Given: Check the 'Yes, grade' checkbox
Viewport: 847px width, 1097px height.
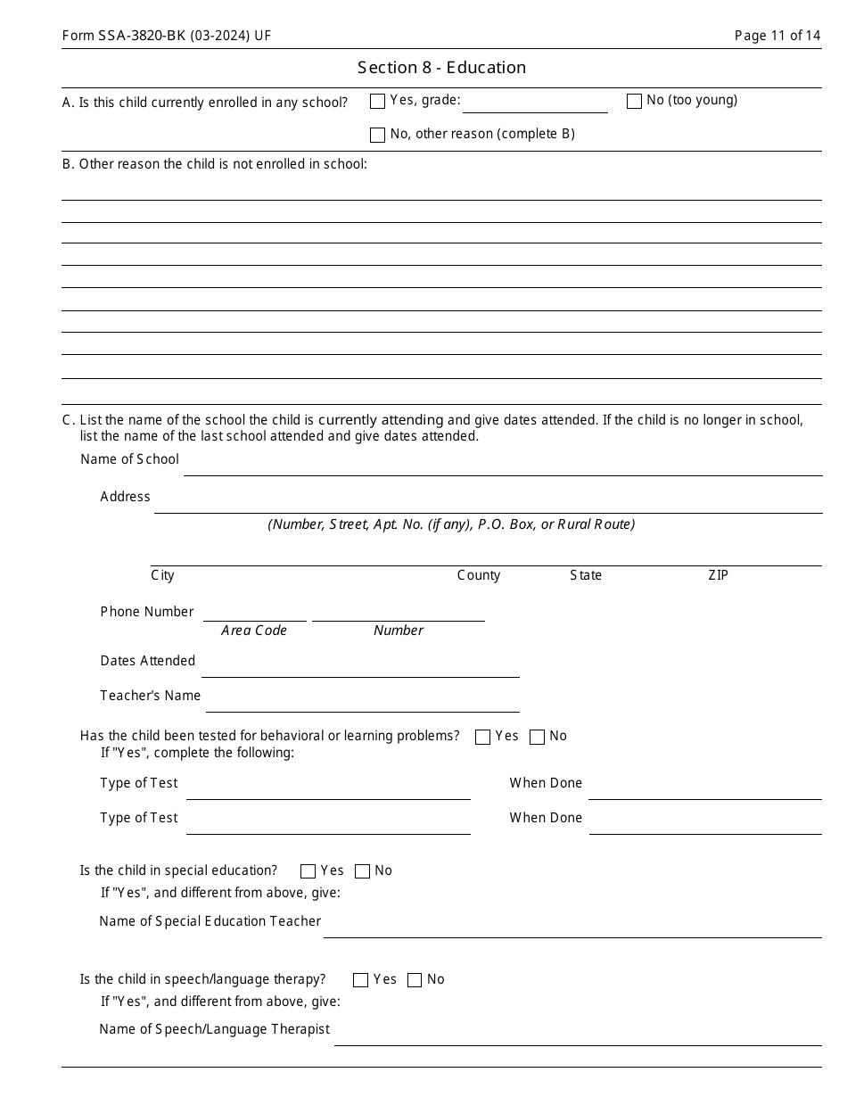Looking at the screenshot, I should tap(377, 102).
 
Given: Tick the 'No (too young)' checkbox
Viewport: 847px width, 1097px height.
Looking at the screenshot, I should tap(634, 102).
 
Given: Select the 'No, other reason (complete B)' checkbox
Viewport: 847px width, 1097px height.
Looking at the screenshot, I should tap(377, 136).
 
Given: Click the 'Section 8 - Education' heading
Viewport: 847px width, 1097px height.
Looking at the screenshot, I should tap(441, 68).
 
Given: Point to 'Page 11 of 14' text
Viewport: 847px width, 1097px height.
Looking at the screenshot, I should tap(777, 36).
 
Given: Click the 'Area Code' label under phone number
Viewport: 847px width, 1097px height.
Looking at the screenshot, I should tap(254, 631).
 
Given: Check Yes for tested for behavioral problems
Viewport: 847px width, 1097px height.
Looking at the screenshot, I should tap(483, 738).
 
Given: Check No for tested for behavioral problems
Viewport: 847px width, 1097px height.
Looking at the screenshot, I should tap(537, 738).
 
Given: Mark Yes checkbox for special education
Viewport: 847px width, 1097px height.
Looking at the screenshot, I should tap(308, 871).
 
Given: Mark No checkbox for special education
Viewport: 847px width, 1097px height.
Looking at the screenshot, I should tap(362, 871).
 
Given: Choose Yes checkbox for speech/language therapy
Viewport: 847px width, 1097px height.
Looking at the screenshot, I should tap(360, 980).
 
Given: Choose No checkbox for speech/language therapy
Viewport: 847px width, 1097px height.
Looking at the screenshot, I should tap(415, 980).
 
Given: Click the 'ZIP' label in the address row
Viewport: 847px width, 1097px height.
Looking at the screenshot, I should tap(718, 575).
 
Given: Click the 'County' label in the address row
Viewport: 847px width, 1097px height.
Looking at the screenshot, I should tap(479, 575).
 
